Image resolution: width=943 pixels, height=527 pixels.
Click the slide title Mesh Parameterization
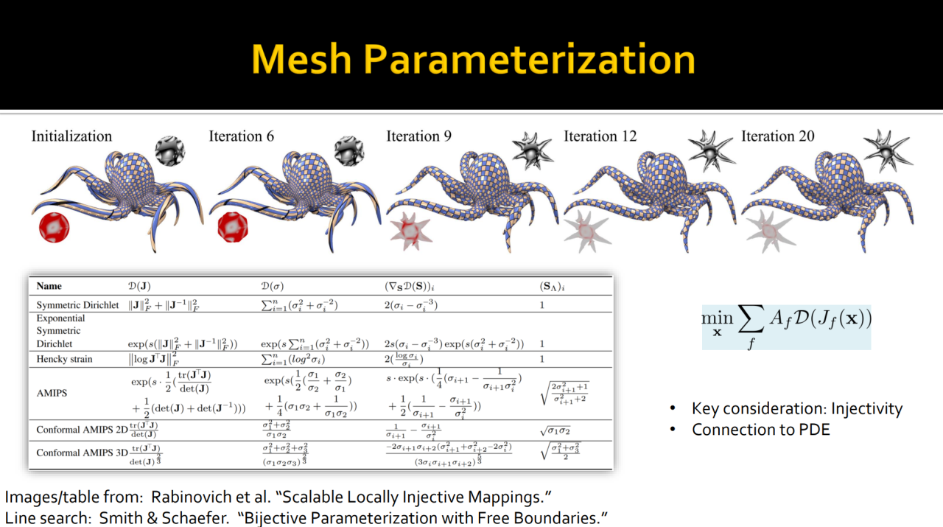(x=473, y=59)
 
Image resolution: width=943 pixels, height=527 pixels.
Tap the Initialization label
(x=71, y=136)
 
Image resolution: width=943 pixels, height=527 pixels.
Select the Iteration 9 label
(x=419, y=136)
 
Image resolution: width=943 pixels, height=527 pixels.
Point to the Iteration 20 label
(x=778, y=136)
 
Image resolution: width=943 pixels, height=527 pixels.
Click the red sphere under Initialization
(x=54, y=227)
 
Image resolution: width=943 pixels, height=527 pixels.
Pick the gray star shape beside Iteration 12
(x=707, y=150)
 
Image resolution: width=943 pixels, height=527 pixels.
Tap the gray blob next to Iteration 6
(x=349, y=151)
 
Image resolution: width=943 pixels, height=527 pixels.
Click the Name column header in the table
(x=49, y=286)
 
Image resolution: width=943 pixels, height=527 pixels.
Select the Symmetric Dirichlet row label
(x=78, y=304)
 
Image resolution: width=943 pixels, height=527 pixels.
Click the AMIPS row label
(x=52, y=393)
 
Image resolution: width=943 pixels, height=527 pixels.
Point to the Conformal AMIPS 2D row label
(x=81, y=431)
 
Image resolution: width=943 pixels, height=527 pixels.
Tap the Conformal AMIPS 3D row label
(x=81, y=453)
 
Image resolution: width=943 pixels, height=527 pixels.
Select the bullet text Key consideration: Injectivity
(x=796, y=409)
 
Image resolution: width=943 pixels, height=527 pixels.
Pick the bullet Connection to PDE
(x=760, y=429)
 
